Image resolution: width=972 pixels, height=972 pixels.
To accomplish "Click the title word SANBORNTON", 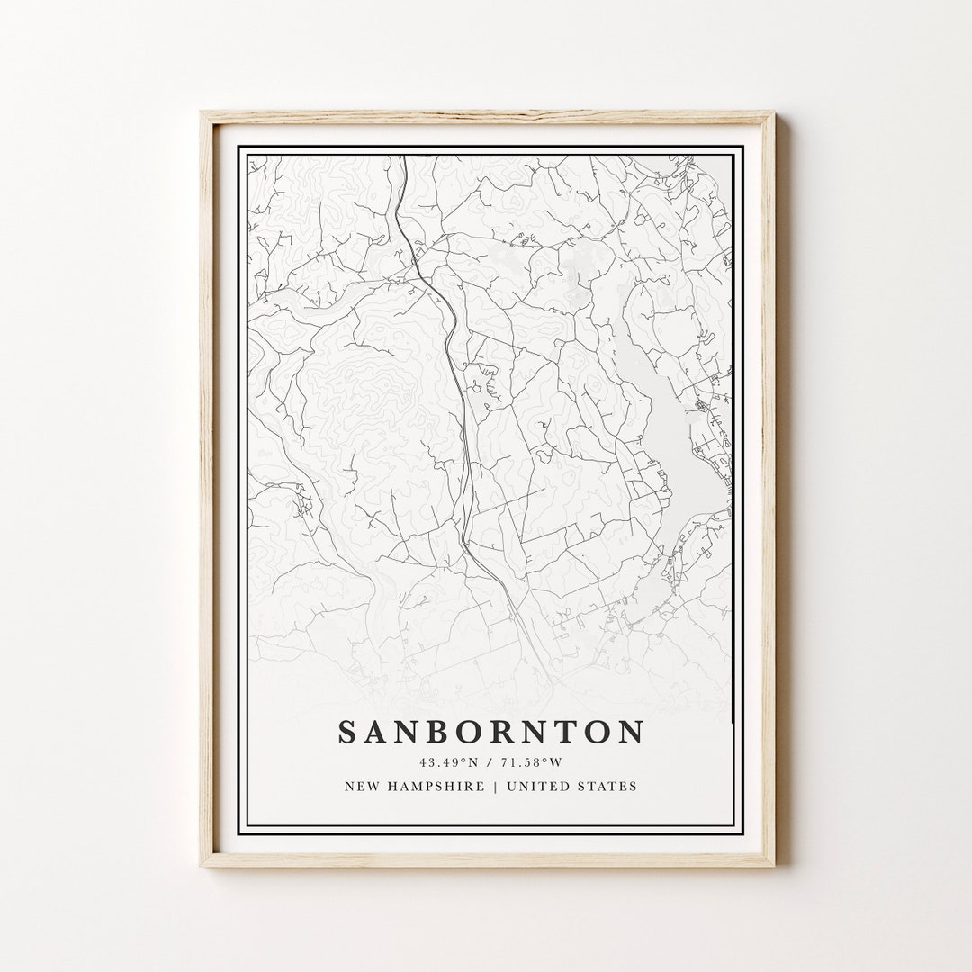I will tap(490, 732).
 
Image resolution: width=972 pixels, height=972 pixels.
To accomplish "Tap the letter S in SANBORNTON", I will tap(347, 732).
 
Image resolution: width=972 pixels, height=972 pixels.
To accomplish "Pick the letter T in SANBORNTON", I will tap(571, 732).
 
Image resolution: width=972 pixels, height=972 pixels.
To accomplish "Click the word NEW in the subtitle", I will tap(362, 787).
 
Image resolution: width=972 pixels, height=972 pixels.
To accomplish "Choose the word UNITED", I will tap(538, 787).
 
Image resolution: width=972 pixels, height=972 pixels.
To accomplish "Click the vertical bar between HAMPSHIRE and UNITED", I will tap(495, 787).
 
